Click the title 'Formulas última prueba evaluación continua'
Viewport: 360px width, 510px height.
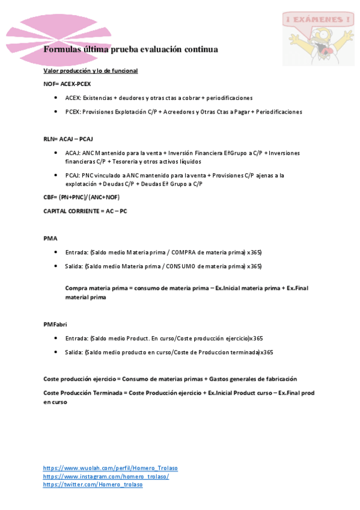pyautogui.click(x=130, y=49)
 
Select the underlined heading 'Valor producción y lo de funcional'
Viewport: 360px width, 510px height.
pyautogui.click(x=91, y=71)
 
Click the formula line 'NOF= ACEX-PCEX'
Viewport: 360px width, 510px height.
pyautogui.click(x=67, y=84)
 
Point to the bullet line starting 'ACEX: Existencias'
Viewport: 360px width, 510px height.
pyautogui.click(x=159, y=97)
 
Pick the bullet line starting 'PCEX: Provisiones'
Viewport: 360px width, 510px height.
pyautogui.click(x=183, y=111)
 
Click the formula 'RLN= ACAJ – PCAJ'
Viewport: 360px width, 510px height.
pyautogui.click(x=69, y=139)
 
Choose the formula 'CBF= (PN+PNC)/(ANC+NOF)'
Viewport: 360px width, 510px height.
pyautogui.click(x=82, y=197)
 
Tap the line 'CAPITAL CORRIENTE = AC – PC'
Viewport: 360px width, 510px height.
pyautogui.click(x=85, y=211)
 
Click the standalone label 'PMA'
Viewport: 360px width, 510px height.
pyautogui.click(x=50, y=239)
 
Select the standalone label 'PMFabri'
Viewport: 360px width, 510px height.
pyautogui.click(x=55, y=324)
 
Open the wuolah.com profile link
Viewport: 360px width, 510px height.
pyautogui.click(x=111, y=468)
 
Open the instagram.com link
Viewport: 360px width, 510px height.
pyautogui.click(x=106, y=476)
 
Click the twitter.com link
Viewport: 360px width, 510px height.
pyautogui.click(x=93, y=485)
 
